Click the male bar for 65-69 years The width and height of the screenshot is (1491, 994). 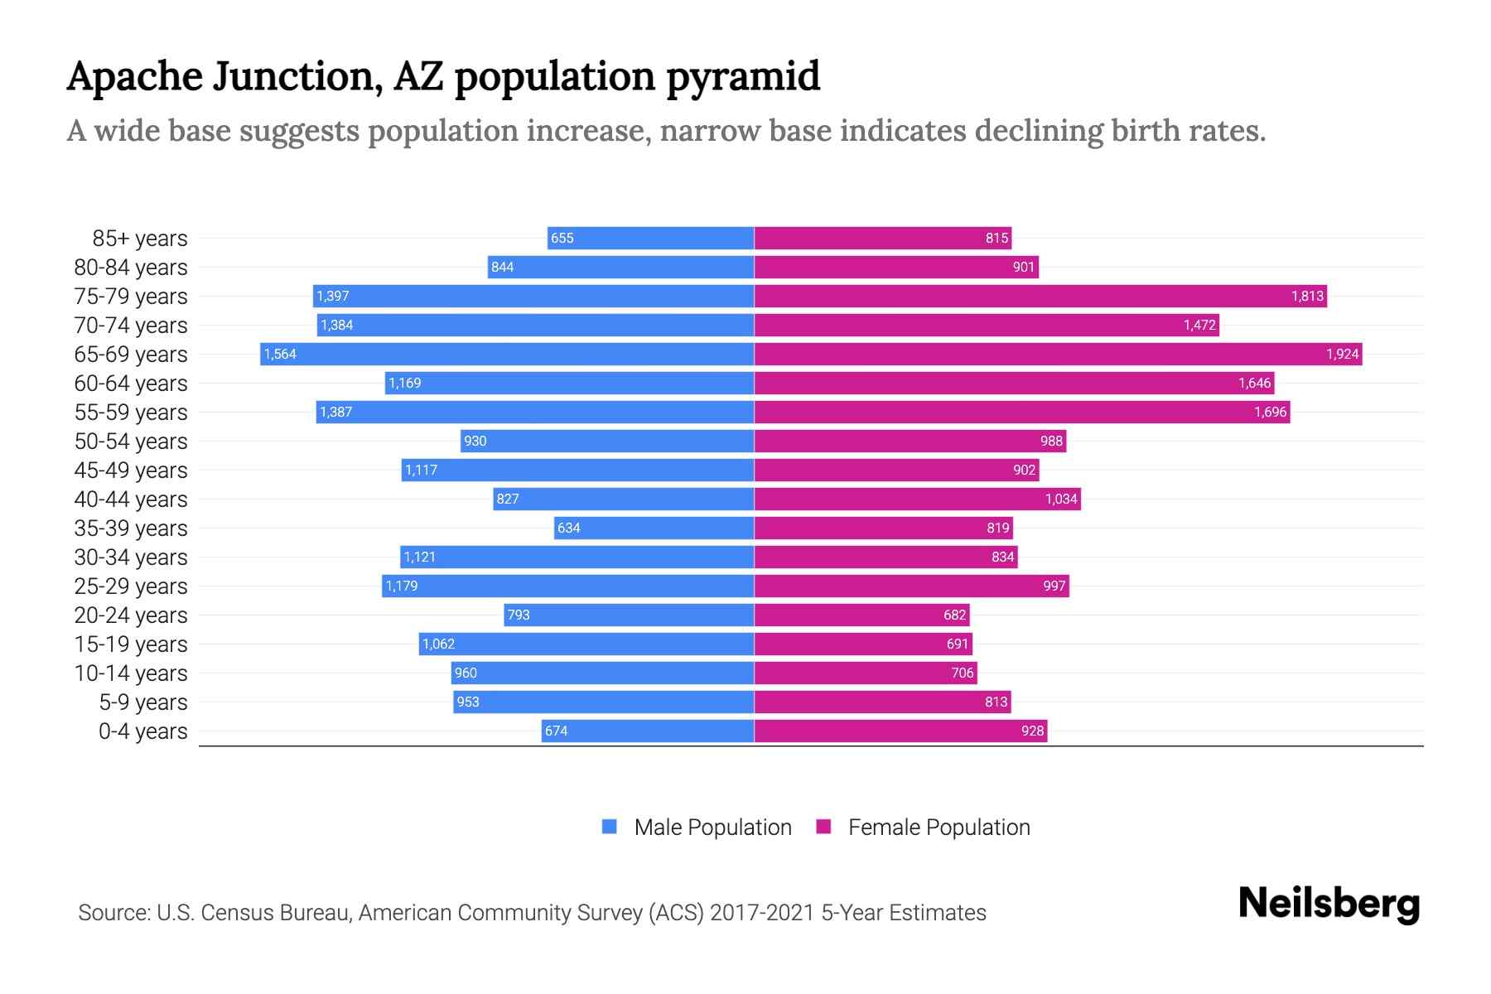coord(507,355)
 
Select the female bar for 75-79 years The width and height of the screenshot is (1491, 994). coord(1040,297)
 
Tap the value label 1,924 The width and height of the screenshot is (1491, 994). coord(1342,355)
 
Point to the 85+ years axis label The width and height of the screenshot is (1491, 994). coord(140,239)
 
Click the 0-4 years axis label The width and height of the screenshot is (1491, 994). coord(142,731)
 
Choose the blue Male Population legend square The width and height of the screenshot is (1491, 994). coord(610,827)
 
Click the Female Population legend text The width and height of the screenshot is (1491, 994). coord(939,828)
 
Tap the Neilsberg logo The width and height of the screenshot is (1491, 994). coord(1329,904)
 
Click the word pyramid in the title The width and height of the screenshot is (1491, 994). coord(743,77)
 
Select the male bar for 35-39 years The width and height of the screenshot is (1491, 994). coord(654,528)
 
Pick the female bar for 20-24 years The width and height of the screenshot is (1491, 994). coord(861,615)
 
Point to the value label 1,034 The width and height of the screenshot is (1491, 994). coord(1061,499)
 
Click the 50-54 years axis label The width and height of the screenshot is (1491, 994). coord(131,442)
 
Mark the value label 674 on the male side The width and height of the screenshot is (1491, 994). coord(557,731)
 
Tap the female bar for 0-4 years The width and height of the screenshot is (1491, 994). coord(900,731)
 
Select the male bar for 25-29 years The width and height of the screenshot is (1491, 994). coord(568,586)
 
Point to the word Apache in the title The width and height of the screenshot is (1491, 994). coord(135,77)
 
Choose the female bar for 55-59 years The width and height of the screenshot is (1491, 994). coord(1021,413)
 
